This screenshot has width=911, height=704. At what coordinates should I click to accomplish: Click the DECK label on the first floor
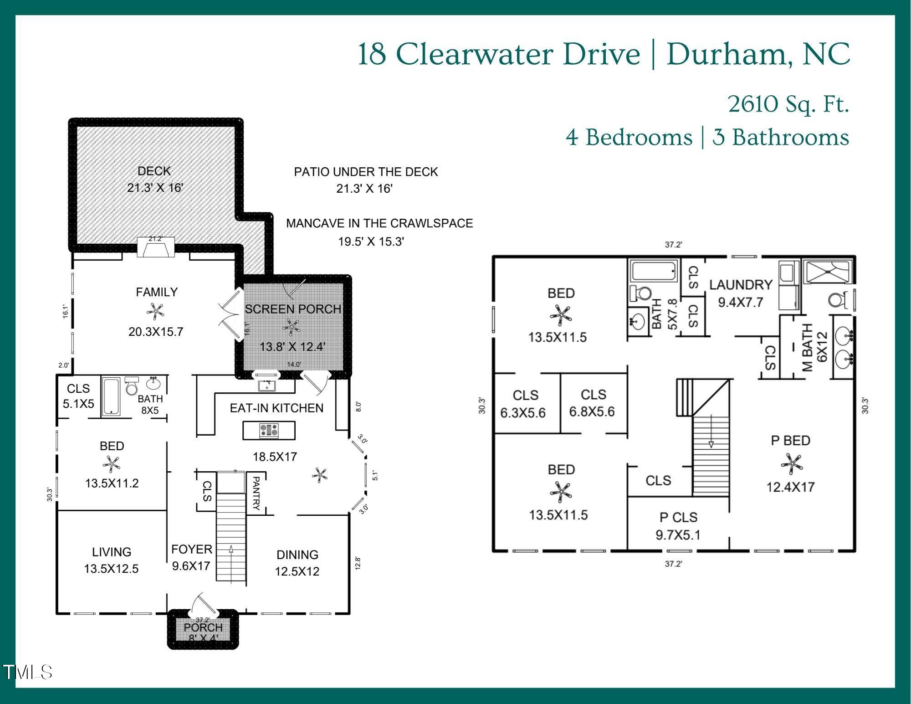coord(154,171)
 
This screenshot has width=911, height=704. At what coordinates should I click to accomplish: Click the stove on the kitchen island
coord(269,431)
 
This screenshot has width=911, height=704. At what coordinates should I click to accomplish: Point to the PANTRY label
coord(256,493)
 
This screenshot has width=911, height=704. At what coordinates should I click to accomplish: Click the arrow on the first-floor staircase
coord(231,563)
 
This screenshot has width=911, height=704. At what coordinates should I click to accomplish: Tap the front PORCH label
coord(203,627)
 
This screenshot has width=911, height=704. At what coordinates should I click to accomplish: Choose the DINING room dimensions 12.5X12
coord(297,571)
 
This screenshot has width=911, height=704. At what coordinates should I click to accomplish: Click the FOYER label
coord(192,550)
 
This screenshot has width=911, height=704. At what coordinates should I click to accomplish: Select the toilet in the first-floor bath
coord(132,386)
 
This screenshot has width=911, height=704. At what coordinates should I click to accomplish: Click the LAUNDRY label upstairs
coord(741,285)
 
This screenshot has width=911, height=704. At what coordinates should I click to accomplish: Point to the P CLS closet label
coord(678,517)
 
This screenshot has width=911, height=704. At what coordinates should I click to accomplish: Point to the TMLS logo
coord(27,672)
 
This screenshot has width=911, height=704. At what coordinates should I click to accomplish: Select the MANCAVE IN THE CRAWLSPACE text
coord(379,224)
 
